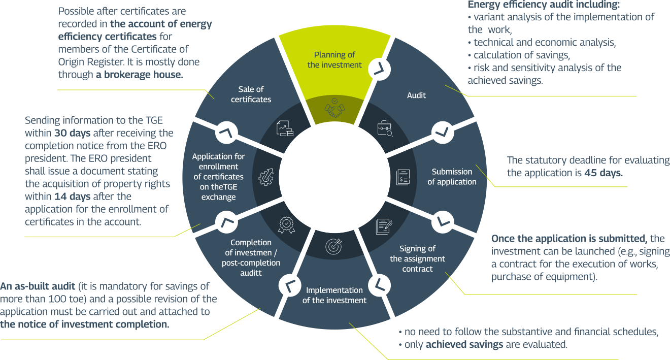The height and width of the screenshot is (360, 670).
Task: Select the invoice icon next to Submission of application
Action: pos(403,177)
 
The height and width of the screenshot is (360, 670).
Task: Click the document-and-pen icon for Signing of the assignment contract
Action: pos(384,225)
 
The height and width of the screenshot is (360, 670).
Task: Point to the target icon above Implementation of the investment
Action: pos(333,246)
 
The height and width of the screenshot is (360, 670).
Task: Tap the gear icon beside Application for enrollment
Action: pos(266,176)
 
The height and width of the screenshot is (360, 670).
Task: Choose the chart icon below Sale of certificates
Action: pos(285,129)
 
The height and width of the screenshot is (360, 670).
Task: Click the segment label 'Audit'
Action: pos(417,95)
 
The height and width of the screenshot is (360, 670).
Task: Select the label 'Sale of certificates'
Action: pos(251,94)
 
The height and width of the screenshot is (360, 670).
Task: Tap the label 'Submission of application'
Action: pos(452,177)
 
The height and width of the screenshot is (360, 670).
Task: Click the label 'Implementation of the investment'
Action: pos(334,295)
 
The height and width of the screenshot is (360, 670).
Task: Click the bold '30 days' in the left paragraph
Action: pos(72,134)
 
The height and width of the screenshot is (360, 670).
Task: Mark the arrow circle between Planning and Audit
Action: pos(378,69)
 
